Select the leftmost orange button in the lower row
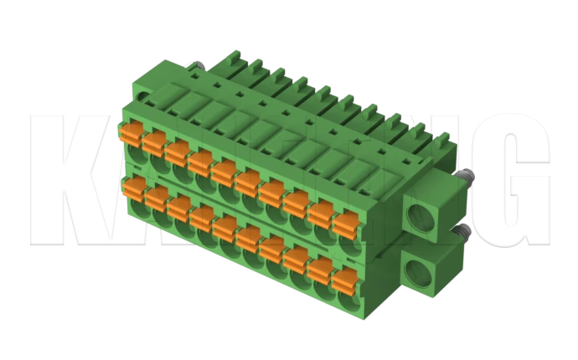[x=133, y=186]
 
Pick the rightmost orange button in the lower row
[x=343, y=278]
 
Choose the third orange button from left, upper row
[x=177, y=151]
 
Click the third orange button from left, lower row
[x=179, y=206]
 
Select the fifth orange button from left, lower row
[x=226, y=227]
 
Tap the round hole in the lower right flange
[x=416, y=272]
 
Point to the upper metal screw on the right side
[x=465, y=177]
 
